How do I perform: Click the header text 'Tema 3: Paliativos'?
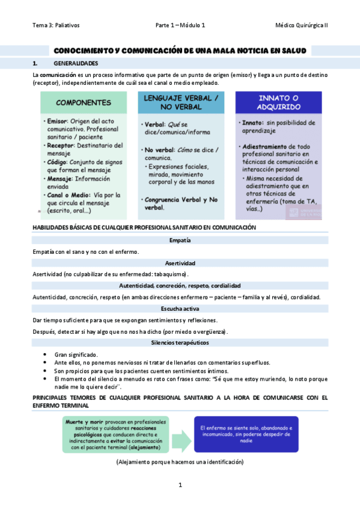click(x=56, y=25)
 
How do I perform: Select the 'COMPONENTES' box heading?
click(x=84, y=102)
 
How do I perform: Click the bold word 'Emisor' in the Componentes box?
click(x=58, y=121)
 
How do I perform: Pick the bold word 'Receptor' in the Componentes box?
click(x=61, y=145)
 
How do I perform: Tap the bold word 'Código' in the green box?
click(x=58, y=161)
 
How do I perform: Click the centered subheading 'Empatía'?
click(x=180, y=241)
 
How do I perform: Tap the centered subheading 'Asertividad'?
click(x=180, y=263)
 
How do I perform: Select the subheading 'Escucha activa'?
click(x=180, y=309)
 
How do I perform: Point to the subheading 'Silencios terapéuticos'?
click(x=180, y=342)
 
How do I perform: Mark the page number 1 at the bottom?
click(x=180, y=485)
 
